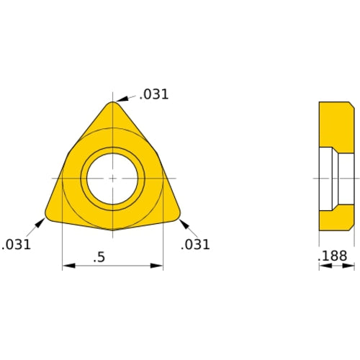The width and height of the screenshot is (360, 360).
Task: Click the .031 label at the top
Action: [x=154, y=94]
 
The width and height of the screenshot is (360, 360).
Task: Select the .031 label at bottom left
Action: [x=16, y=245]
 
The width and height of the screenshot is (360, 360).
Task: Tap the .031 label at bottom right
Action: [x=195, y=245]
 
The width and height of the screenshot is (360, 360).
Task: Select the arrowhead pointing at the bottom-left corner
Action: [x=40, y=222]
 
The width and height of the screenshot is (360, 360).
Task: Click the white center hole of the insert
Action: [x=112, y=177]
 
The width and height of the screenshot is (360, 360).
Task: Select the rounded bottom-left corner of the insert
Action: [x=49, y=214]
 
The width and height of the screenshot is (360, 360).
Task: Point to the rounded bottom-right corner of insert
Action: [x=176, y=214]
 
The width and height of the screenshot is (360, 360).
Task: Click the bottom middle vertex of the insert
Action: [x=113, y=230]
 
